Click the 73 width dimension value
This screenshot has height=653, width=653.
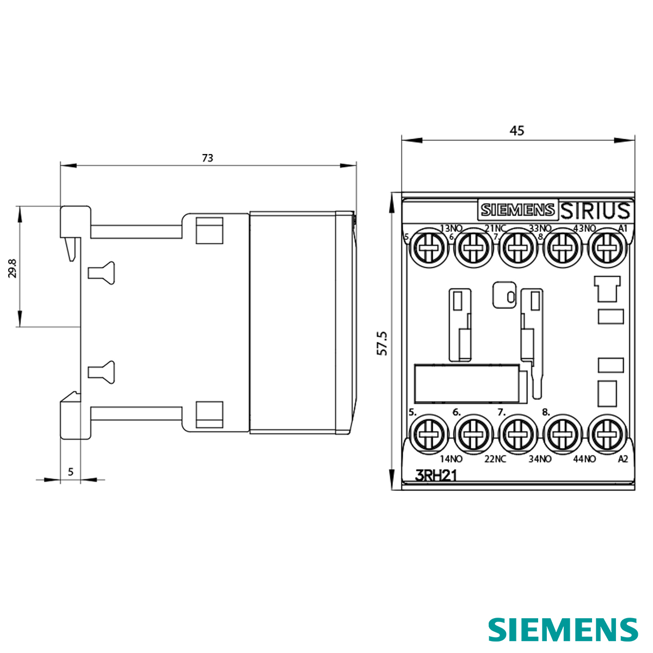point(207,158)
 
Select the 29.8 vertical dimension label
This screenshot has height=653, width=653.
point(13,268)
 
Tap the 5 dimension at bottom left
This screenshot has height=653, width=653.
point(70,472)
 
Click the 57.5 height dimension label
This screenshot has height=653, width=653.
point(383,343)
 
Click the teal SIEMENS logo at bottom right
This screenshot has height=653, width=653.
point(563,630)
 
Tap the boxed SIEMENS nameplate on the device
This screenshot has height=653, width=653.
point(518,210)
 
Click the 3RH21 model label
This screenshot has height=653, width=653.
point(436,476)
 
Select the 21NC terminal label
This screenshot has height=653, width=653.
point(495,228)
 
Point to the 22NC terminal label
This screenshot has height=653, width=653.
point(495,459)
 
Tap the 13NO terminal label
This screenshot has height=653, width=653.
point(451,228)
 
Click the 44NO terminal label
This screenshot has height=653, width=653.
point(585,459)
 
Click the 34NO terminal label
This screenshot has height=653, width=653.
point(540,459)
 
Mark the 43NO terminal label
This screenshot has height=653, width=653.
point(585,228)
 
